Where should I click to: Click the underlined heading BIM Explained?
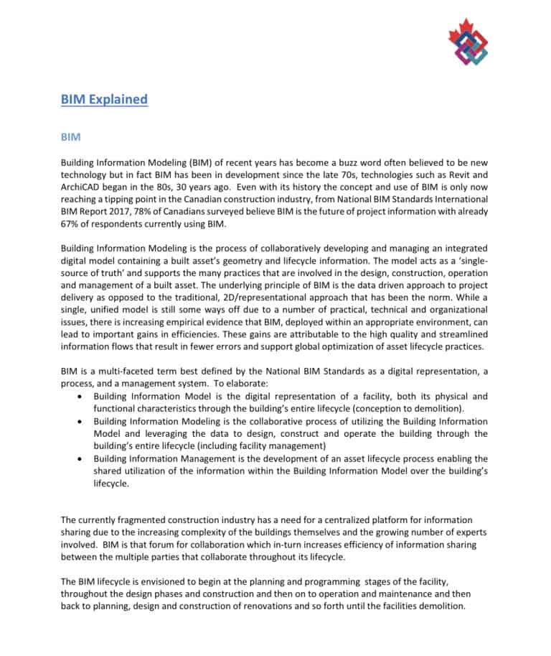[104, 99]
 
